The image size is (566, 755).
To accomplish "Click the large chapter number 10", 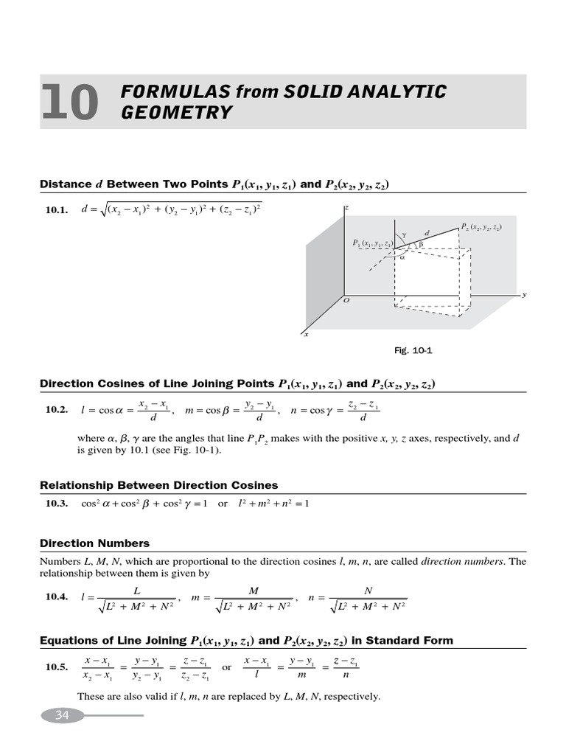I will point(70,102).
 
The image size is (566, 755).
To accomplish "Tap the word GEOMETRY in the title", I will point(176,113).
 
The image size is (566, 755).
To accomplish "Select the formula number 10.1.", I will point(57,210).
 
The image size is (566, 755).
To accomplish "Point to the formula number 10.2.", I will point(57,410).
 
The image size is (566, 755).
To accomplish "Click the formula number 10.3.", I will point(57,504).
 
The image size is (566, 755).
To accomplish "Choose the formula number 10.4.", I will point(57,598).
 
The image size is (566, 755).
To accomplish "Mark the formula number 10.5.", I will point(57,667).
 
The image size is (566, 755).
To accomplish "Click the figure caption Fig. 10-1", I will point(413,351).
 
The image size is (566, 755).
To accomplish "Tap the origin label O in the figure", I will point(346,302).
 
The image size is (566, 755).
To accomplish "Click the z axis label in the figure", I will point(346,209).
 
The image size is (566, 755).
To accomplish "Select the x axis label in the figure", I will point(306,335).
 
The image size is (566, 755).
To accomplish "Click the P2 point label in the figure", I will point(481,227).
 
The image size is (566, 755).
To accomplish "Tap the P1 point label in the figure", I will point(372,243).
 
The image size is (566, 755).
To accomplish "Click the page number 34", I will point(61,715).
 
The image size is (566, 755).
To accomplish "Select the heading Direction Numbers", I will point(94,543).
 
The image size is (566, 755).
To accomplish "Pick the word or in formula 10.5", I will point(226,667).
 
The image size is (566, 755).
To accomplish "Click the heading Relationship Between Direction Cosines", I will point(158,485).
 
